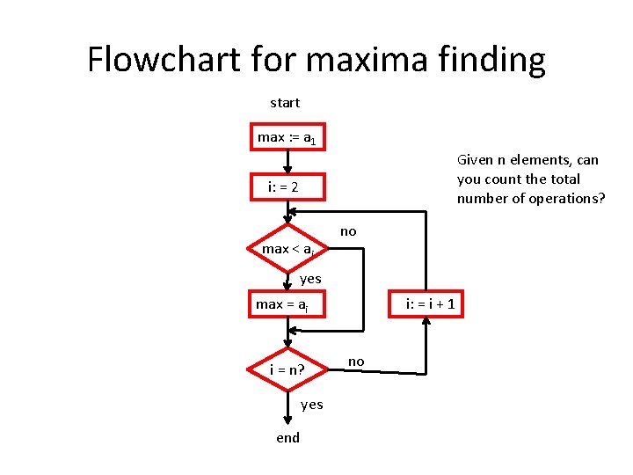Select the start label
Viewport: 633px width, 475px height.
tap(285, 103)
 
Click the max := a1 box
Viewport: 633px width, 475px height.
tap(287, 137)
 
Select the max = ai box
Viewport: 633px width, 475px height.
tap(287, 304)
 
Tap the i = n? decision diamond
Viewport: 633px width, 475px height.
tap(288, 369)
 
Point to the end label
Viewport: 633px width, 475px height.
tap(287, 437)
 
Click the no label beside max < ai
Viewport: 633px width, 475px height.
tap(348, 231)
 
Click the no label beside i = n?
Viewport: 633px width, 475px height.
tap(355, 361)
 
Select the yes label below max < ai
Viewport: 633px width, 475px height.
tap(310, 279)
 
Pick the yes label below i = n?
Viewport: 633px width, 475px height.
tap(311, 405)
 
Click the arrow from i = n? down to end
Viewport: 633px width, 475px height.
tap(287, 407)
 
